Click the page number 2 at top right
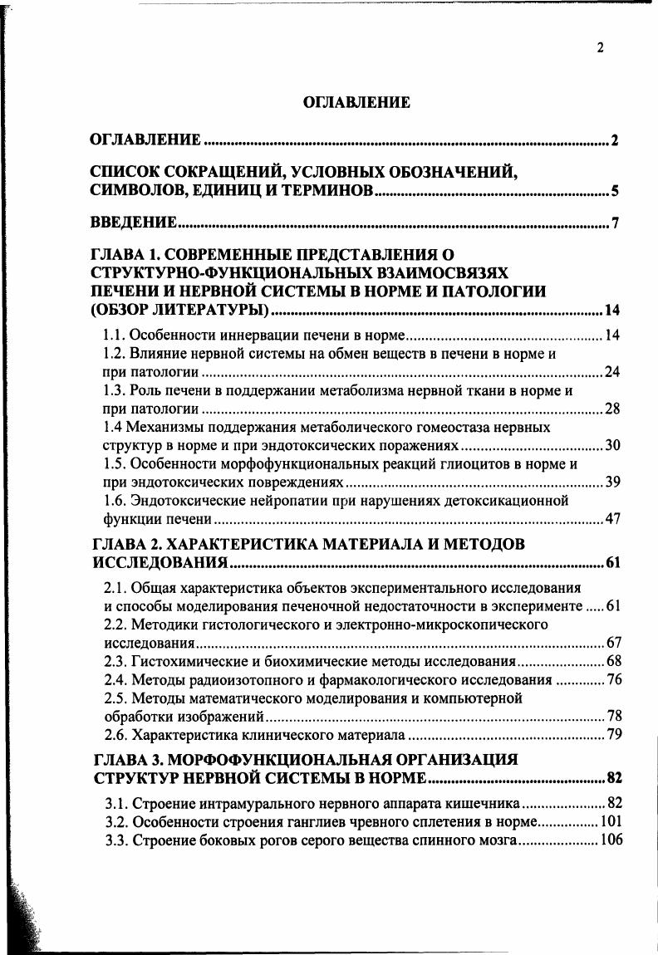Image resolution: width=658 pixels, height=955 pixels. click(600, 48)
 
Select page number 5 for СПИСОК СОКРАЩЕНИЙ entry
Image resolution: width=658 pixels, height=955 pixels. click(615, 192)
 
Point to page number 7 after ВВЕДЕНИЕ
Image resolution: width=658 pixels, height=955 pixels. click(615, 223)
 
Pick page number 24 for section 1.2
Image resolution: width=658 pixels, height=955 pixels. click(612, 371)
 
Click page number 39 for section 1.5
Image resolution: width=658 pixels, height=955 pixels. click(612, 482)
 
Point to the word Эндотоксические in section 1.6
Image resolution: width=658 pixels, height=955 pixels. click(182, 500)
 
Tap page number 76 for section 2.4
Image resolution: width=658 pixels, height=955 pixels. click(614, 679)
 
